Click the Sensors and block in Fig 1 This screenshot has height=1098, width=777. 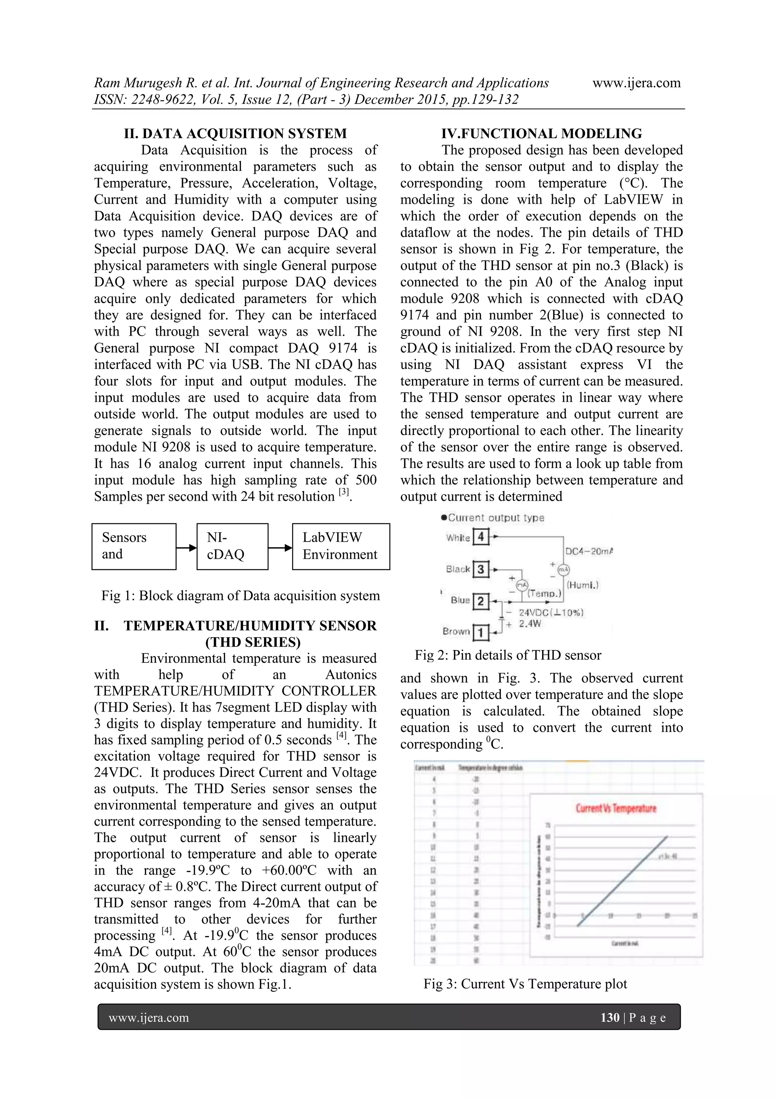(134, 546)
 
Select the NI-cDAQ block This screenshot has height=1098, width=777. (232, 546)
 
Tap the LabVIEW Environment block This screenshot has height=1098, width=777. (341, 546)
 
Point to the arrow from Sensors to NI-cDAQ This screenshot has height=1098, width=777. (187, 548)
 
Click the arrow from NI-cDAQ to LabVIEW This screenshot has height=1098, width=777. (280, 548)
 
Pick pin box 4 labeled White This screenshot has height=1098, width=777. (480, 537)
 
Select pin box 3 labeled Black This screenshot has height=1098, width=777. (480, 569)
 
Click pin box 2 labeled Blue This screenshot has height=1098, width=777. (480, 601)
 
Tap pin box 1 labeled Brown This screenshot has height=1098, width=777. (480, 632)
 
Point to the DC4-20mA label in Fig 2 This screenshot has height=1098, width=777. (588, 551)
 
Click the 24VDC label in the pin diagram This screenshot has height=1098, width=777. (550, 613)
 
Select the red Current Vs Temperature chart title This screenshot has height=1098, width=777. (616, 808)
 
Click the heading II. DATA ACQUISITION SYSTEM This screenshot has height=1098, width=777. (235, 134)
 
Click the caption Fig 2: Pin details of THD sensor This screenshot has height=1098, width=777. (508, 655)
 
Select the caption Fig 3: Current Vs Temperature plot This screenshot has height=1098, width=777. (525, 984)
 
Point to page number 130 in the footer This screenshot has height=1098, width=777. (610, 1017)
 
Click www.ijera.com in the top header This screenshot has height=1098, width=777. (636, 83)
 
